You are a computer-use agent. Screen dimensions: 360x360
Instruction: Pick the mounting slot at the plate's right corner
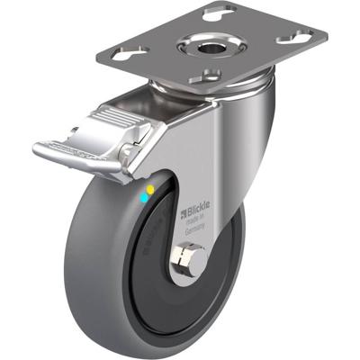pyautogui.click(x=294, y=37)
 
